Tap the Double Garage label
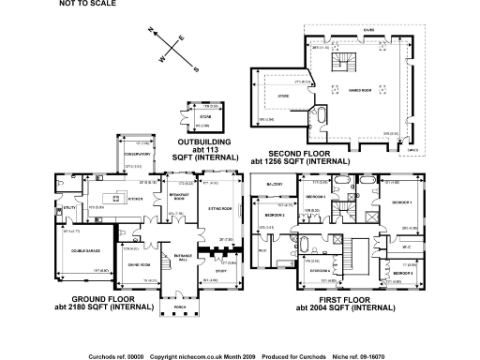click(81, 248)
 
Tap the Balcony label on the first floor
click(274, 184)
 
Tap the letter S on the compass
click(196, 68)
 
